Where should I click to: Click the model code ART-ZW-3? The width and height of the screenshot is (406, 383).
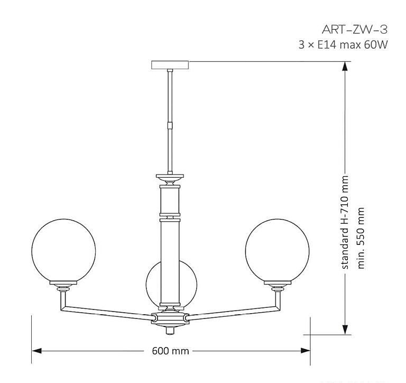355,29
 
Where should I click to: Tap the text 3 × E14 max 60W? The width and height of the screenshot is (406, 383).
343,45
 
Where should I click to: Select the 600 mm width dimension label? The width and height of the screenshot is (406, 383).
170,351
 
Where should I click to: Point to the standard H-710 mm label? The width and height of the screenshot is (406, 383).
346,222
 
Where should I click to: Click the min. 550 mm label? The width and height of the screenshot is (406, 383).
362,238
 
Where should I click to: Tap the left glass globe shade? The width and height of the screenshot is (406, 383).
63,249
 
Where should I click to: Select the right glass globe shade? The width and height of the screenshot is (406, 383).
276,249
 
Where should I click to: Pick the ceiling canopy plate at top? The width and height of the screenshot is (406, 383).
170,65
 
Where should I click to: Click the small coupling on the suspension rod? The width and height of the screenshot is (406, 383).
170,126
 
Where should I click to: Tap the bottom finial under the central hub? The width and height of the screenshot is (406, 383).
170,330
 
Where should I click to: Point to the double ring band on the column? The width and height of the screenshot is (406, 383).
170,216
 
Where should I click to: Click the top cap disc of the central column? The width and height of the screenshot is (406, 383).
170,177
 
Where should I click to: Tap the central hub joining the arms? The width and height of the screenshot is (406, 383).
170,319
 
